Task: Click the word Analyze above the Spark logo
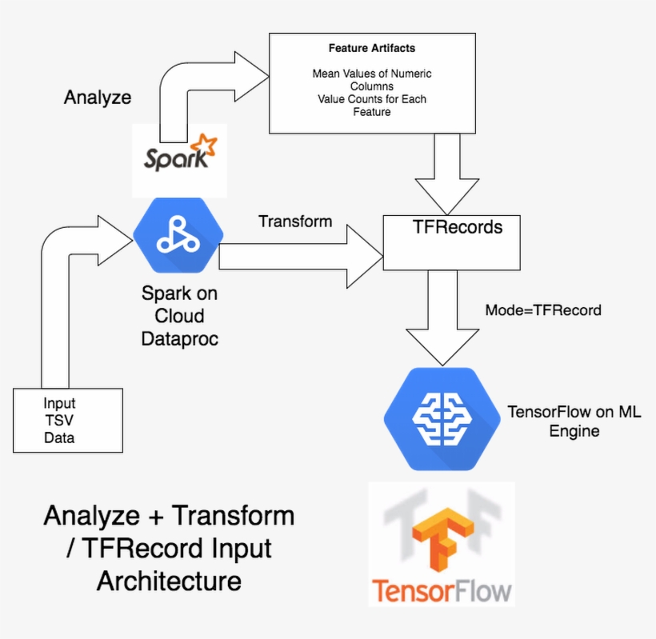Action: point(98,98)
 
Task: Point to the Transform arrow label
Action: point(295,221)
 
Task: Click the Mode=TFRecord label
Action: point(543,310)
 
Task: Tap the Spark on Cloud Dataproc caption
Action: point(179,316)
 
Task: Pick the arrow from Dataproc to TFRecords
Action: point(304,256)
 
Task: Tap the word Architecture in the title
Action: point(169,581)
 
